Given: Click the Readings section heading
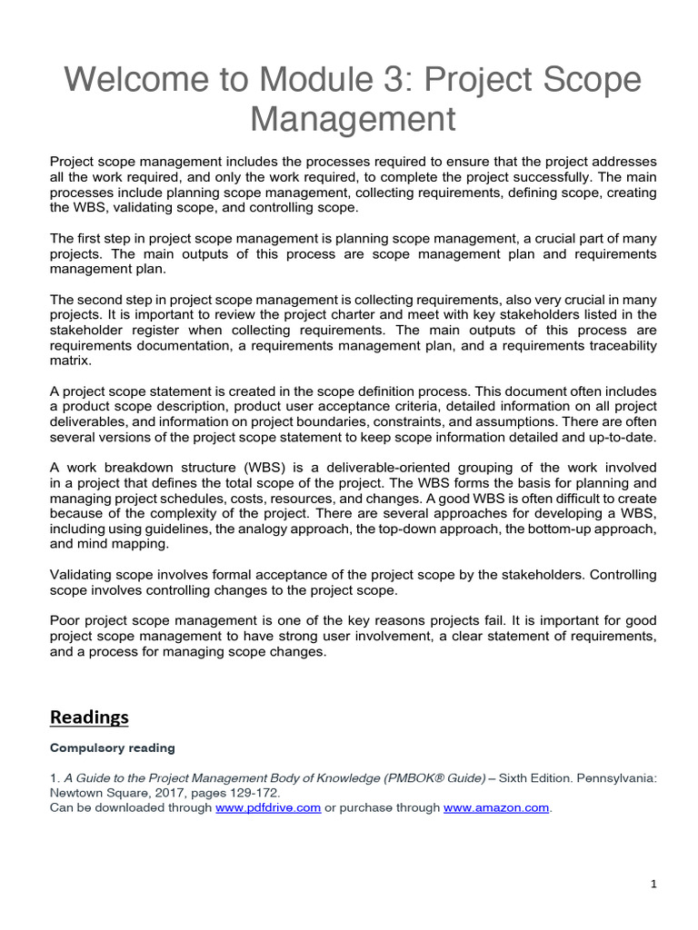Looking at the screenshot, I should [89, 717].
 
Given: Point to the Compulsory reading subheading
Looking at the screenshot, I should [112, 748].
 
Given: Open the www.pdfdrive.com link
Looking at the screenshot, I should [268, 808].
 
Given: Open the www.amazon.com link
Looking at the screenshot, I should [496, 808].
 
